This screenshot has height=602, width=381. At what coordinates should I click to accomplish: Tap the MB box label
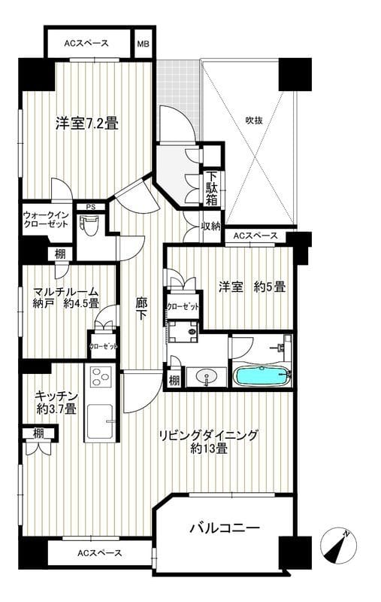tap(143, 43)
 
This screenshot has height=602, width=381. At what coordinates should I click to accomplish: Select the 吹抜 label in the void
tap(254, 119)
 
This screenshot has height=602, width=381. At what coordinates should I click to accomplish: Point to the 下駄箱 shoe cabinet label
tap(213, 192)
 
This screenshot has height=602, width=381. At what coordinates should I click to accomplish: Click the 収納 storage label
tap(211, 226)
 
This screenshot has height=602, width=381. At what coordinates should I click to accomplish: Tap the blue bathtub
tap(261, 375)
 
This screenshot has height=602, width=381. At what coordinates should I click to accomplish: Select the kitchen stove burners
tap(101, 375)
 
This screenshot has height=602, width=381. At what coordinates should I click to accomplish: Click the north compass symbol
tap(337, 546)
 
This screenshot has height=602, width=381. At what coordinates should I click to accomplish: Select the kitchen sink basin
tap(99, 421)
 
